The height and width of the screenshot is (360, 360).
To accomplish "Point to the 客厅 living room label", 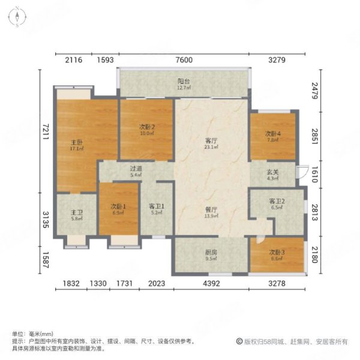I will click(210, 140).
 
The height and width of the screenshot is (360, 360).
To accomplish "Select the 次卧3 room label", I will click(275, 255).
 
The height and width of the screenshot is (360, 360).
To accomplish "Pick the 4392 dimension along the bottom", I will click(211, 284).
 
